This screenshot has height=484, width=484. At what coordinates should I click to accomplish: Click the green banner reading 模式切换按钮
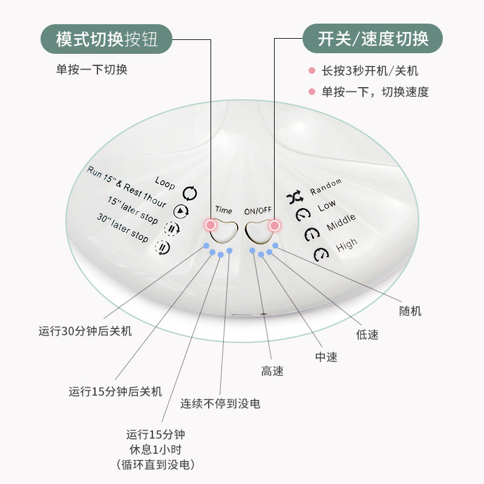pyautogui.click(x=106, y=40)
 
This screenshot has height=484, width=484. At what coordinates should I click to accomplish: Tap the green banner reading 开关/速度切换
pyautogui.click(x=373, y=40)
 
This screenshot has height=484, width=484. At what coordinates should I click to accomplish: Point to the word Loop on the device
pyautogui.click(x=165, y=182)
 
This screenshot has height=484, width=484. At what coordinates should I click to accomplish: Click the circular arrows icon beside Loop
pyautogui.click(x=190, y=194)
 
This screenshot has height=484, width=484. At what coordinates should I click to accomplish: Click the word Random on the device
pyautogui.click(x=325, y=186)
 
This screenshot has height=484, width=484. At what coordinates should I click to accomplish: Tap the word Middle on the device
pyautogui.click(x=341, y=223)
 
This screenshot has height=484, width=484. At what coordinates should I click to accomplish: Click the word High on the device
pyautogui.click(x=347, y=244)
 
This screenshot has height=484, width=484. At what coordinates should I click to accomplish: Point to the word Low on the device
pyautogui.click(x=327, y=206)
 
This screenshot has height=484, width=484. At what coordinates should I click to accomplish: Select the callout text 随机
pyautogui.click(x=411, y=311)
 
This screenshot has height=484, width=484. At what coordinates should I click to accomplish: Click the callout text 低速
pyautogui.click(x=367, y=334)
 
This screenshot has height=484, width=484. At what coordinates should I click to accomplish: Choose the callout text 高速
pyautogui.click(x=272, y=371)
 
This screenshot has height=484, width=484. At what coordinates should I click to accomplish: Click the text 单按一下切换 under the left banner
pyautogui.click(x=92, y=70)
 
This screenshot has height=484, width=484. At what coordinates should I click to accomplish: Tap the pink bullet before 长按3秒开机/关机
pyautogui.click(x=312, y=71)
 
